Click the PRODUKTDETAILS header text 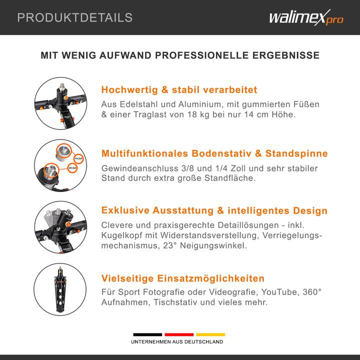coord(75,18)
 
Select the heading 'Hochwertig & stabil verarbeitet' coord(179,90)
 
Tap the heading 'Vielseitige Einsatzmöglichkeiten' coord(182,278)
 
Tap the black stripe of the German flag coord(147,334)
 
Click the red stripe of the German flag coord(179,334)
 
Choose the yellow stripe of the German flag coord(210,334)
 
